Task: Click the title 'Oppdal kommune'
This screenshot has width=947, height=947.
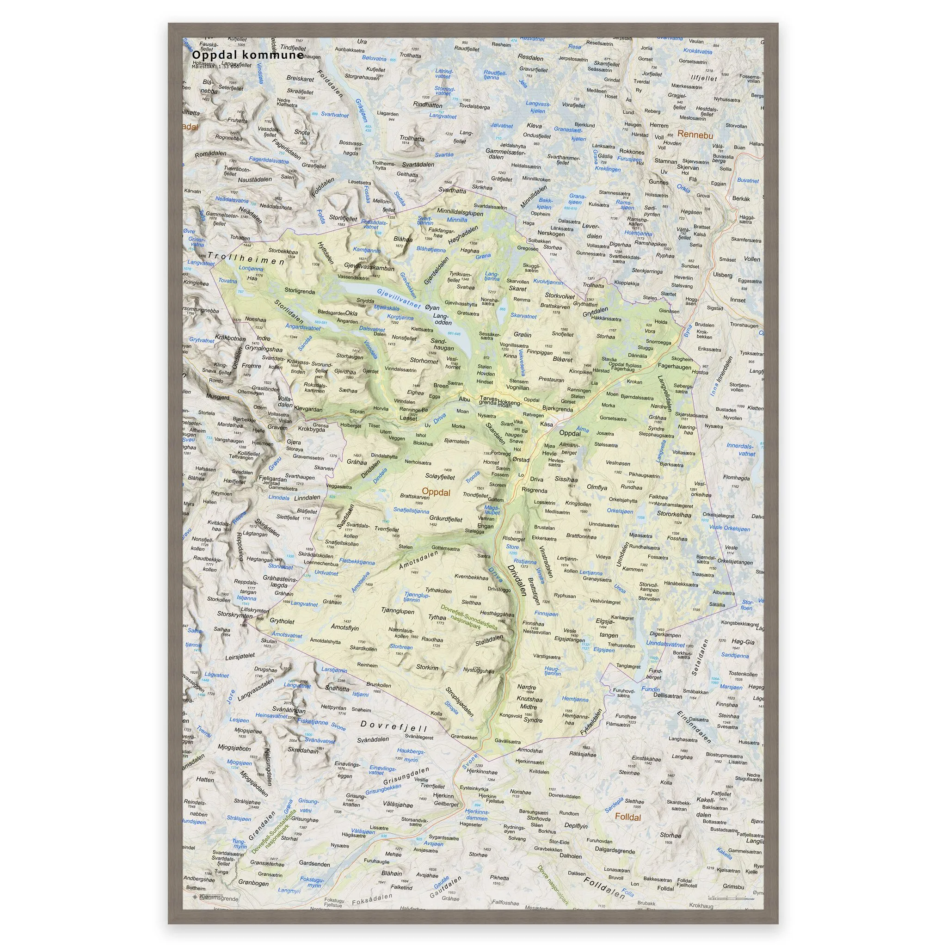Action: click(240, 55)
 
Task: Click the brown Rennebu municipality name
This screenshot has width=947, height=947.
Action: click(695, 134)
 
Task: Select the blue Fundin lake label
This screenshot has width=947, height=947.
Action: click(651, 689)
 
